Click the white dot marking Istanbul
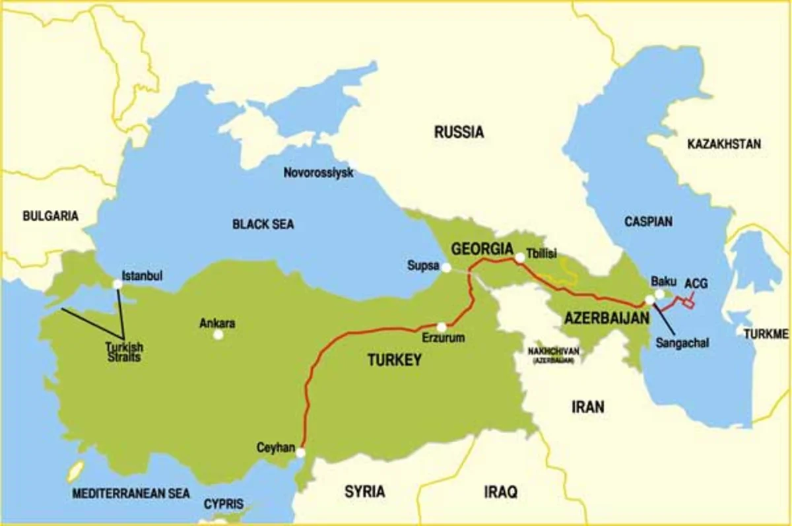point(117,284)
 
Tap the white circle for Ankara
point(218,335)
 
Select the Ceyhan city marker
point(300,453)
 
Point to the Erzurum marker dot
point(442,327)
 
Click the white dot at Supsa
point(447,267)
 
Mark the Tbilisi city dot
point(520,259)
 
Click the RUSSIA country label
point(459,132)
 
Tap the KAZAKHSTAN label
point(724,144)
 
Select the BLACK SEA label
point(263,224)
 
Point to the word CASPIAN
point(648,222)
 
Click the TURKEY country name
point(394,360)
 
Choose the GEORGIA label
point(482,249)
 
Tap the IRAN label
point(587,407)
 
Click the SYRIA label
point(365,492)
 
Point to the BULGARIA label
point(50,216)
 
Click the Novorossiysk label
point(318,173)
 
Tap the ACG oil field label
point(695,283)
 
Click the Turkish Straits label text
point(124,352)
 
